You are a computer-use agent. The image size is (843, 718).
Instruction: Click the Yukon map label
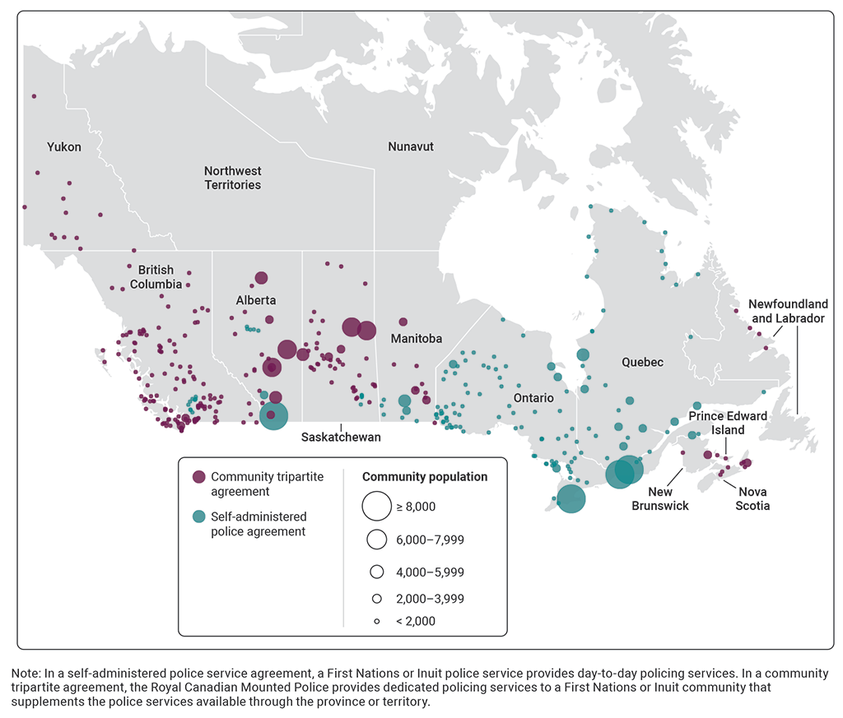64,147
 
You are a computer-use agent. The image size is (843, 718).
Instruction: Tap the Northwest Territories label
233,178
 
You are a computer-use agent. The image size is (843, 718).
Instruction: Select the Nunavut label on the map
411,146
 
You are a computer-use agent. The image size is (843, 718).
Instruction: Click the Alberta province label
256,300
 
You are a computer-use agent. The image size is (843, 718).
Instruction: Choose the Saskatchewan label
341,438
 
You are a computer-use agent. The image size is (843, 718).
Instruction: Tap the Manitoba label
417,339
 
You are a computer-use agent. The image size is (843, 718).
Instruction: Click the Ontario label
533,398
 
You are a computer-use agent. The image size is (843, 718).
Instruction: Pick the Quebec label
643,362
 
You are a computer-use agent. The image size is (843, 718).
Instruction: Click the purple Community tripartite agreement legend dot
198,477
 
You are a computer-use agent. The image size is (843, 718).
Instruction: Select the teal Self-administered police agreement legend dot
198,516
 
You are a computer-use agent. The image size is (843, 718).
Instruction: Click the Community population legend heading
425,477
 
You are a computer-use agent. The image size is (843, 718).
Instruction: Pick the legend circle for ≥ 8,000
376,507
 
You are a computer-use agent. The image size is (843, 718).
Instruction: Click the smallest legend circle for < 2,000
376,621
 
